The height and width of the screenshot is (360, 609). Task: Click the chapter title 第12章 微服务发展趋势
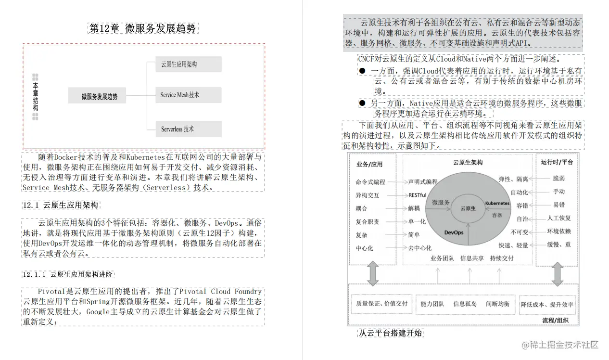[143, 28]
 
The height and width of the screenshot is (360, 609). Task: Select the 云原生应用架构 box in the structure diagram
[189, 64]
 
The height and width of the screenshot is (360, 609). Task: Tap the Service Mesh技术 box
[189, 95]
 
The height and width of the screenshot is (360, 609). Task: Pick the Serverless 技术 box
[189, 129]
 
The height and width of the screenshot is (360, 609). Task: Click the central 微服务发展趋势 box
[100, 96]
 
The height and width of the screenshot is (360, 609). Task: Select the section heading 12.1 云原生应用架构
[61, 206]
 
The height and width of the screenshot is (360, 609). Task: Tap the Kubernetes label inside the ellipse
[497, 204]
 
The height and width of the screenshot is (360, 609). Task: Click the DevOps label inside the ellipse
[454, 232]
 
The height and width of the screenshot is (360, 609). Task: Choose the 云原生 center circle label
[468, 208]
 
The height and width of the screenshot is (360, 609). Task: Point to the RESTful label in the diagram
[417, 195]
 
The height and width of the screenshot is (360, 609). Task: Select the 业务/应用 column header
[369, 164]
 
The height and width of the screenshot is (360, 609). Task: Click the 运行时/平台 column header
[557, 162]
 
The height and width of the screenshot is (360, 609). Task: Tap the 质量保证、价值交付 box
[381, 304]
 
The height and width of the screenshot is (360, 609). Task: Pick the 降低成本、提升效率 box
[547, 305]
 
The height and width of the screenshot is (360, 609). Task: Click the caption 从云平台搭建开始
[391, 333]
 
